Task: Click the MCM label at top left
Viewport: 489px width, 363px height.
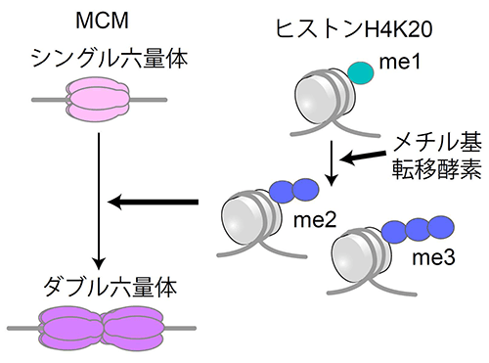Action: pyautogui.click(x=97, y=22)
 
